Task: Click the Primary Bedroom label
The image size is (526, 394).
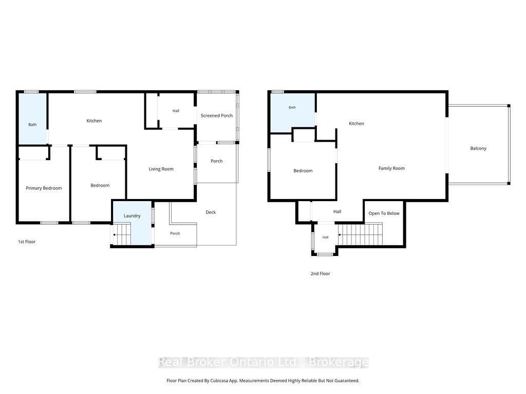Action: click(x=44, y=188)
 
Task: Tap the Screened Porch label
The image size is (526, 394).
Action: click(x=217, y=115)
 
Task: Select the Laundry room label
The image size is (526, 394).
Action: click(x=132, y=216)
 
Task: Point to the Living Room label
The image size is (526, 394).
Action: click(x=161, y=169)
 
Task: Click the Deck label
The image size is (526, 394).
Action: click(x=211, y=212)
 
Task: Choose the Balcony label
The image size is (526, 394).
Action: click(x=478, y=148)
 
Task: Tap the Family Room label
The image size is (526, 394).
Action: click(x=391, y=168)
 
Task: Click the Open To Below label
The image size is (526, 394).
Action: click(x=384, y=213)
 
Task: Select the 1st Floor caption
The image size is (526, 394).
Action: click(x=27, y=242)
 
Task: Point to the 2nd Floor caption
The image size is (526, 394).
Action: click(x=320, y=273)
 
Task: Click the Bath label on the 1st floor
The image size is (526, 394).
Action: click(x=32, y=125)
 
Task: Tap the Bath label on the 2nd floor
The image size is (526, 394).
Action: click(x=292, y=108)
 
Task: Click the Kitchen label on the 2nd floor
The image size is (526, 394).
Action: click(x=356, y=124)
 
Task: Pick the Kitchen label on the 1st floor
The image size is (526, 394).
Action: click(x=94, y=121)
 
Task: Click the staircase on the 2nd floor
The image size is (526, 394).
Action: click(x=360, y=234)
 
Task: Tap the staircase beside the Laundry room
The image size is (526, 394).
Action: click(x=121, y=234)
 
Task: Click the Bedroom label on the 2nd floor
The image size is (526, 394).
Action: click(x=303, y=171)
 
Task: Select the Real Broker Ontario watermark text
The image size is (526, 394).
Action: click(x=264, y=362)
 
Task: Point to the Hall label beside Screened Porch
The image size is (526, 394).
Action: click(x=176, y=111)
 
